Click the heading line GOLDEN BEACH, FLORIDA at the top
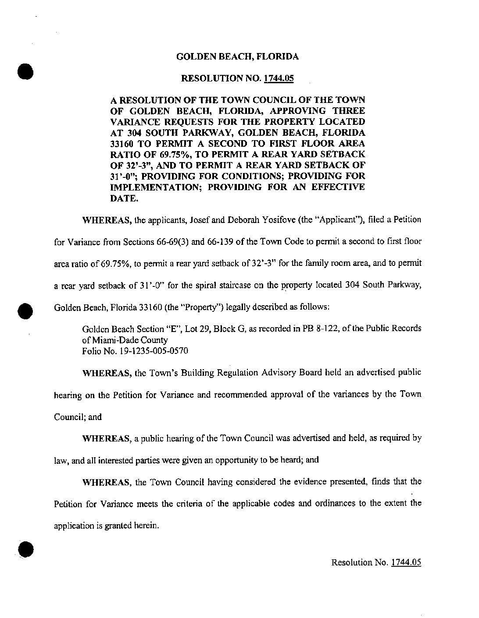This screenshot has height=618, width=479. pyautogui.click(x=237, y=57)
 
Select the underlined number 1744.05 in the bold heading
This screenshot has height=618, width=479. pyautogui.click(x=279, y=79)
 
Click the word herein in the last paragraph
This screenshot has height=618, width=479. pyautogui.click(x=145, y=526)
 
